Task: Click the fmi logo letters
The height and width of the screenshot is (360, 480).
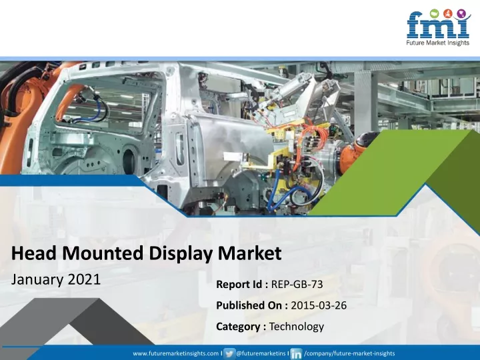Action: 438,25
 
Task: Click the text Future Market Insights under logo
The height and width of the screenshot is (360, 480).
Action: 438,43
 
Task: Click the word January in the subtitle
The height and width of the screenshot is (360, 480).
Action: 37,280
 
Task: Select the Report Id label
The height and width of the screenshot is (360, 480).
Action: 239,285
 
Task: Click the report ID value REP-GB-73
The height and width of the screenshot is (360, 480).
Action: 297,285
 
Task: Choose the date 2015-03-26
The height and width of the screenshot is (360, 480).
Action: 319,305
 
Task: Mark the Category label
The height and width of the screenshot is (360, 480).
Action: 238,326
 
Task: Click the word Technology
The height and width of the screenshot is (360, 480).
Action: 296,327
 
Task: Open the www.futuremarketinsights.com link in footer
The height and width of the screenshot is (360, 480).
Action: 176,353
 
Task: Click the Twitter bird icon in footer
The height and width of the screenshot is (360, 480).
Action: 229,353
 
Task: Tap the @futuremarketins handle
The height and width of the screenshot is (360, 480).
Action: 261,353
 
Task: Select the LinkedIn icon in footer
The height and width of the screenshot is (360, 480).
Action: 296,353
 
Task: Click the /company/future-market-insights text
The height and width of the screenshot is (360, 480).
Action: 349,353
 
